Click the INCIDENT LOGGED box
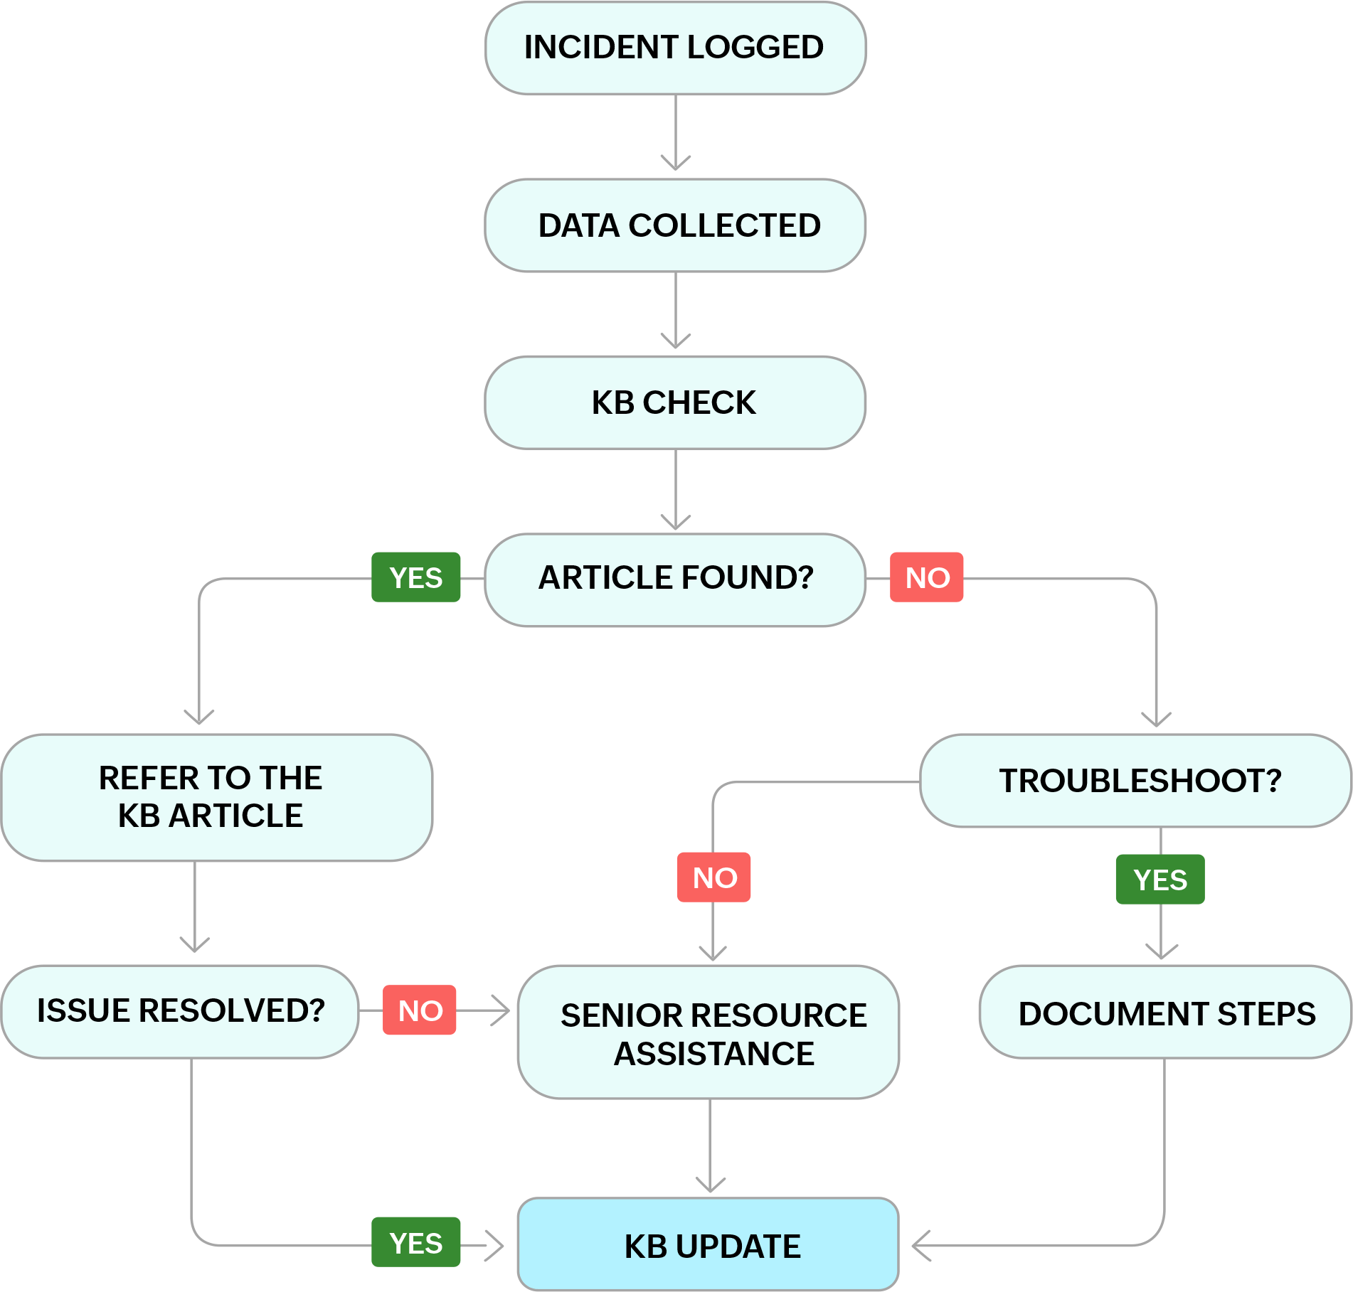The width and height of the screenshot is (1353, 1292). pyautogui.click(x=675, y=48)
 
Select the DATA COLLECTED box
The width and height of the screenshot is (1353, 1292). pyautogui.click(x=675, y=225)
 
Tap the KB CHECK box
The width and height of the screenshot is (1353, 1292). pyautogui.click(x=675, y=402)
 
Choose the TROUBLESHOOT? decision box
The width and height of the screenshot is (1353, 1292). pyautogui.click(x=1135, y=781)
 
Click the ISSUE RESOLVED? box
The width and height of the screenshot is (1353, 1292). pyautogui.click(x=180, y=1011)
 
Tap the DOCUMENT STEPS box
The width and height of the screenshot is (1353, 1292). pyautogui.click(x=1165, y=1013)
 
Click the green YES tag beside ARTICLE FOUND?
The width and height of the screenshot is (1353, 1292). pyautogui.click(x=416, y=577)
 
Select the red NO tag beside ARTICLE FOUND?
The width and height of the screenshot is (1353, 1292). pyautogui.click(x=927, y=577)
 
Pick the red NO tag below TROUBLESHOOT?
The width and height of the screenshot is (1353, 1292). pyautogui.click(x=713, y=877)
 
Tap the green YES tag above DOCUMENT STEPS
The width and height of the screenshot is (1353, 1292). pyautogui.click(x=1160, y=880)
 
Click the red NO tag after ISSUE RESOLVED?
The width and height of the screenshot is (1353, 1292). pyautogui.click(x=420, y=1010)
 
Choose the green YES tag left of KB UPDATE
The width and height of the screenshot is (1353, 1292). pyautogui.click(x=416, y=1242)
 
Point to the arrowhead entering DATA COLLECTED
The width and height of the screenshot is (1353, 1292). pyautogui.click(x=675, y=164)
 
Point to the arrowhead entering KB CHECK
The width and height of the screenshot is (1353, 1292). pyautogui.click(x=675, y=341)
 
